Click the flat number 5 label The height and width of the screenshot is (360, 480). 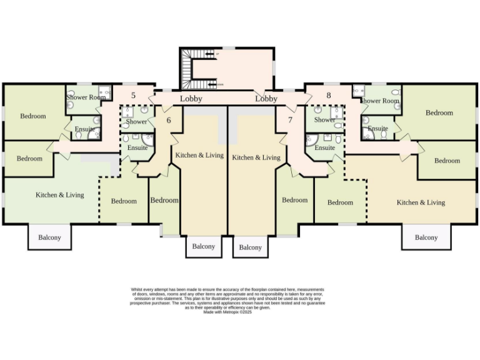pyautogui.click(x=133, y=96)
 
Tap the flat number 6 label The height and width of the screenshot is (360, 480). pyautogui.click(x=168, y=120)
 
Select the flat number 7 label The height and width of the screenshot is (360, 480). pyautogui.click(x=290, y=119)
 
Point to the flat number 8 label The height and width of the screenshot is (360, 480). pyautogui.click(x=329, y=96)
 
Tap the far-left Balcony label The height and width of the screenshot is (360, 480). pyautogui.click(x=50, y=237)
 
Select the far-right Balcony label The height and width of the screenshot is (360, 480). pyautogui.click(x=426, y=237)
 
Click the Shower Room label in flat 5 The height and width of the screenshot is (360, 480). pyautogui.click(x=86, y=97)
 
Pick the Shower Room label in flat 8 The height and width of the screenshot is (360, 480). pyautogui.click(x=379, y=101)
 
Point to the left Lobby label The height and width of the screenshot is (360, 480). pyautogui.click(x=191, y=99)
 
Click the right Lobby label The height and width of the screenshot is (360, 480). pyautogui.click(x=266, y=99)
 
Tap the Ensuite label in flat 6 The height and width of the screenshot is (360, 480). pyautogui.click(x=137, y=147)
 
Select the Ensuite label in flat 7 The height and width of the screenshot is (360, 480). pyautogui.click(x=325, y=148)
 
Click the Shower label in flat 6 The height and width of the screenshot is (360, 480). pyautogui.click(x=137, y=122)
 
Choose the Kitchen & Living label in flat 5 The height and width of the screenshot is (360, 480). pyautogui.click(x=59, y=195)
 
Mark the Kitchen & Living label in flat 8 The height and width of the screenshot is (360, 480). pyautogui.click(x=421, y=202)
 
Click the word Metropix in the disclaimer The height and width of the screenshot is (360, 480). pyautogui.click(x=222, y=312)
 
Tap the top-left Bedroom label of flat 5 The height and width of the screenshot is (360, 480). pyautogui.click(x=33, y=116)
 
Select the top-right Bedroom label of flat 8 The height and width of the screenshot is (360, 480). pyautogui.click(x=439, y=113)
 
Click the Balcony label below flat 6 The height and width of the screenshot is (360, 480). pyautogui.click(x=203, y=247)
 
